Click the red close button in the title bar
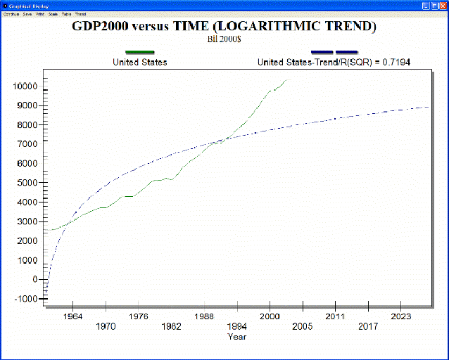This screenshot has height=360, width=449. pyautogui.click(x=442, y=6)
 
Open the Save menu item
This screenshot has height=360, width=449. pyautogui.click(x=27, y=14)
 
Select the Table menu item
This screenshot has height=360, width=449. pyautogui.click(x=66, y=14)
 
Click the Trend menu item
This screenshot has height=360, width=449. pyautogui.click(x=80, y=14)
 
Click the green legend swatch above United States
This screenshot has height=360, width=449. pyautogui.click(x=139, y=52)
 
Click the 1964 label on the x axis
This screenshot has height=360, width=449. pyautogui.click(x=72, y=316)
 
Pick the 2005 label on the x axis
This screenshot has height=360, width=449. pyautogui.click(x=303, y=326)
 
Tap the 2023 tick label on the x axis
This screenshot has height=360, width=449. pyautogui.click(x=401, y=316)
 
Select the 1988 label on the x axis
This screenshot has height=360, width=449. pyautogui.click(x=204, y=316)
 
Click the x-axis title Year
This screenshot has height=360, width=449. pyautogui.click(x=237, y=337)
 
